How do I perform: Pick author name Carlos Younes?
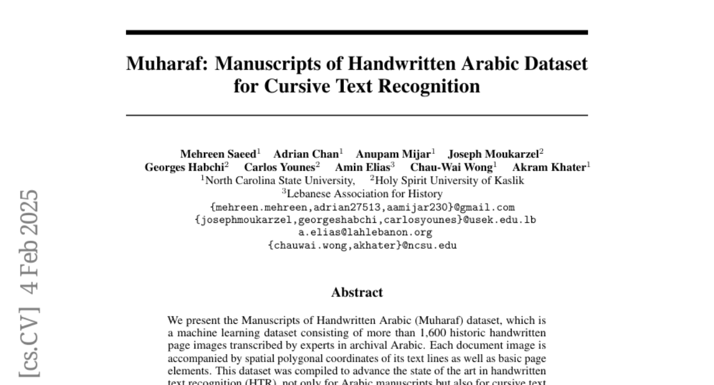(280, 167)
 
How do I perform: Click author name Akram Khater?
(549, 167)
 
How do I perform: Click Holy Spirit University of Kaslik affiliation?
(449, 181)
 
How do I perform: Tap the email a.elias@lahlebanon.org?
(357, 232)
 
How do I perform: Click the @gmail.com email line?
(362, 207)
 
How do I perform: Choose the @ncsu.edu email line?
(362, 245)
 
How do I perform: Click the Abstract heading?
(357, 292)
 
